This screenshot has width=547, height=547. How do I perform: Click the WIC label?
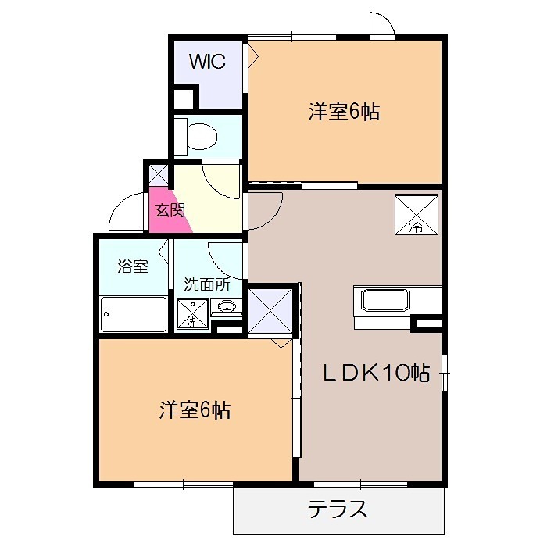207,62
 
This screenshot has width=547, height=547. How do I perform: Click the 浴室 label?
133,266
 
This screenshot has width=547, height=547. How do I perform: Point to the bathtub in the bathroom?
133,314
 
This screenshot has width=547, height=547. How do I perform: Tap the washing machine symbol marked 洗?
191,314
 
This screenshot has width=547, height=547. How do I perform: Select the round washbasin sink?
227,306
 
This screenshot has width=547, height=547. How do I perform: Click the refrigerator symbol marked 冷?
414,213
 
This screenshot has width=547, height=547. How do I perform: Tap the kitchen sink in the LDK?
383,301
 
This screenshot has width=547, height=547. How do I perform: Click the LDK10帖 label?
377,373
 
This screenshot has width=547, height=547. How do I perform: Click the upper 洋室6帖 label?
344,112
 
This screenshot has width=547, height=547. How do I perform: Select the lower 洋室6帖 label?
195,409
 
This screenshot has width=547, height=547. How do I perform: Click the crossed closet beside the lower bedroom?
270,312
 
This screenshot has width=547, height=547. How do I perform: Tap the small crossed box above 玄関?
158,173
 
